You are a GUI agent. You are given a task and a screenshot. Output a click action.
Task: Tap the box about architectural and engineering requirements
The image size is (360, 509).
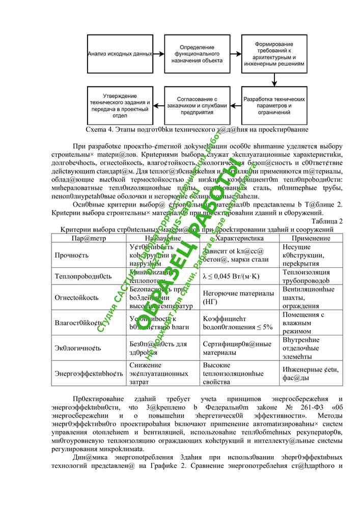click(x=274, y=53)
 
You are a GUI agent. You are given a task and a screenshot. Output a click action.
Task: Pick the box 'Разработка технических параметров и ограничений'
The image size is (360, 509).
click(x=274, y=105)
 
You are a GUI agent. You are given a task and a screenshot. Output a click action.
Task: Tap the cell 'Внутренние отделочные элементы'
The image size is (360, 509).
click(x=307, y=348)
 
